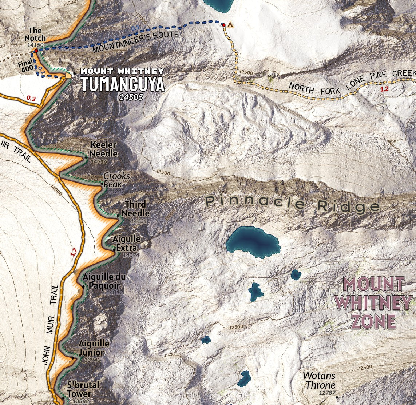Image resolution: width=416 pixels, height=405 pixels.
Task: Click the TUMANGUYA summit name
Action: pos(123,84)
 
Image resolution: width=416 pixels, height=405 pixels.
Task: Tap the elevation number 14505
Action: pos(131,97)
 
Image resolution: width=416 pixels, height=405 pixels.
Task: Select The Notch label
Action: pos(35,35)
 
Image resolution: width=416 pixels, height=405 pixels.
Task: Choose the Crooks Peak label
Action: pos(116,180)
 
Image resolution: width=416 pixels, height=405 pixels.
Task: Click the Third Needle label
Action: pos(135,209)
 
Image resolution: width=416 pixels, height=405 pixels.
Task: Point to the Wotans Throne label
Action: pos(319,380)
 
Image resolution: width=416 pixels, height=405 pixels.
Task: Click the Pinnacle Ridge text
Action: pos(292,204)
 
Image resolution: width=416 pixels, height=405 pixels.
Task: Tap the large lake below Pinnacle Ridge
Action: pos(253,241)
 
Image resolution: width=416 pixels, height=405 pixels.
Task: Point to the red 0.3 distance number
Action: pos(32,98)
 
